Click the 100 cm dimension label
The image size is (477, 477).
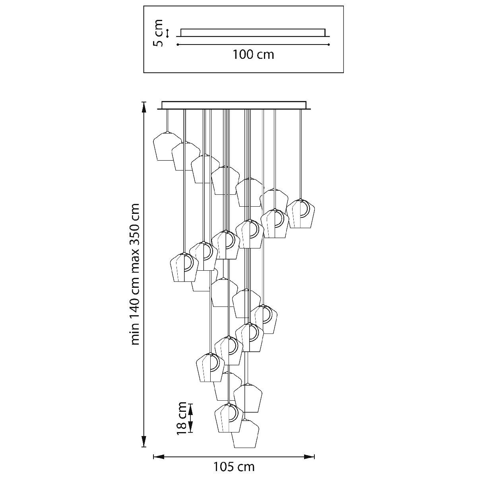point(253,54)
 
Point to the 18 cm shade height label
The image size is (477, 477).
point(182,417)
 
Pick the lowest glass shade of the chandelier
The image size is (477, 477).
point(245,434)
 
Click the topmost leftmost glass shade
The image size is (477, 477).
point(167,146)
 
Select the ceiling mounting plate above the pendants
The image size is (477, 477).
point(235,105)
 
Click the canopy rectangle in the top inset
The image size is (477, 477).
point(253,32)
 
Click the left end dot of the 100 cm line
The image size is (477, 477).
point(178,45)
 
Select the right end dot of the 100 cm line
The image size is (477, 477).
point(329,45)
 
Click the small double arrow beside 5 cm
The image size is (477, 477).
point(167,33)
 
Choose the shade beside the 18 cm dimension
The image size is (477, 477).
point(229,418)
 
